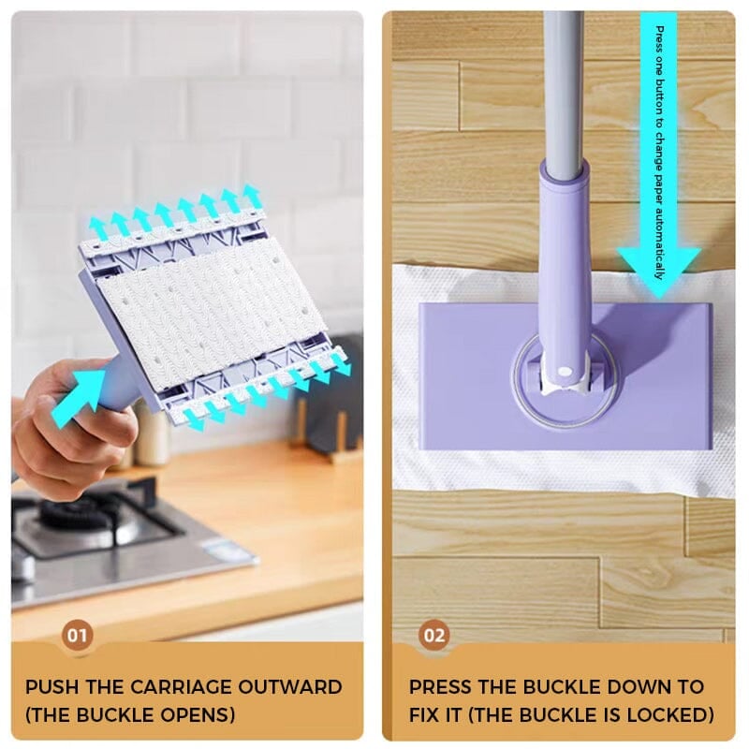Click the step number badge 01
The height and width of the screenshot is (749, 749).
[78, 636]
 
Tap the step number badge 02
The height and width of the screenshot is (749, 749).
[434, 636]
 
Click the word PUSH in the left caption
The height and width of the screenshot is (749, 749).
[51, 687]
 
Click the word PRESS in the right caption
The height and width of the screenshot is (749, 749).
[440, 687]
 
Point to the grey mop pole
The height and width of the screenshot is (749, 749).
[565, 84]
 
